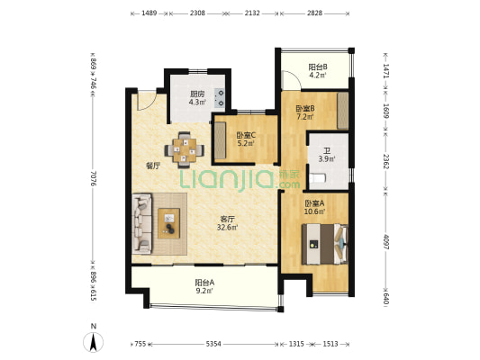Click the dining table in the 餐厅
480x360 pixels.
(x=185, y=150)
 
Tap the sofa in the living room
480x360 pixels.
(x=141, y=223)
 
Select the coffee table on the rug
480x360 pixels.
(x=168, y=223)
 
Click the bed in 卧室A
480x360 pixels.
(x=325, y=244)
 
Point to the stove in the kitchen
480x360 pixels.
(x=220, y=98)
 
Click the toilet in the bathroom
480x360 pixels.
(x=317, y=178)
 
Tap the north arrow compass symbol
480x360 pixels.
(x=93, y=342)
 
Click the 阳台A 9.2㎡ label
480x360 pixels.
(x=204, y=286)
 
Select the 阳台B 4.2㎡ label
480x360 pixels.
(x=318, y=71)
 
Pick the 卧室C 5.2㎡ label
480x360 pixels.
(x=246, y=139)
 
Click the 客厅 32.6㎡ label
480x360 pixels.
(x=228, y=223)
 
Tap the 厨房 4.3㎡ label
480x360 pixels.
(x=197, y=98)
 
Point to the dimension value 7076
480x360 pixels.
(x=94, y=178)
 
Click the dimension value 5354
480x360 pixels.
(x=213, y=344)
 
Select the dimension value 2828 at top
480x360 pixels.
(x=314, y=13)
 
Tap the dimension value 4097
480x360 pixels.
(x=386, y=242)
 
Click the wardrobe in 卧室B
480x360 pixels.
(x=342, y=111)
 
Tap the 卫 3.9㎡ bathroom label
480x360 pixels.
(x=327, y=155)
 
